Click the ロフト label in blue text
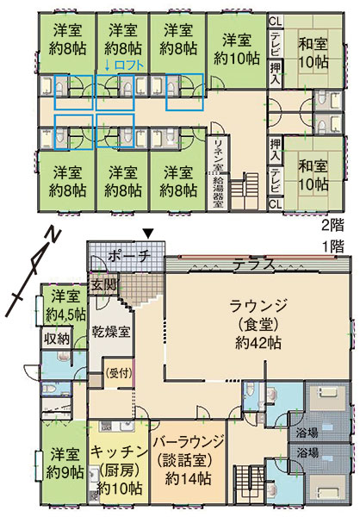point(129,65)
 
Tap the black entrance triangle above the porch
point(149,234)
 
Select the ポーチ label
point(129,256)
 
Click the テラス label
point(254,264)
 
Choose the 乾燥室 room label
point(111,332)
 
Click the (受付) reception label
point(119,373)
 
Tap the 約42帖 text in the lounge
point(258,343)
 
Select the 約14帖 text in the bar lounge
point(188,479)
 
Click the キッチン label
point(119,452)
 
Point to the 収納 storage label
point(57,339)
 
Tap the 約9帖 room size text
point(65,473)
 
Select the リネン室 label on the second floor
point(219,155)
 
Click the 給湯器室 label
point(218,192)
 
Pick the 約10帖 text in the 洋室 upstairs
point(237,59)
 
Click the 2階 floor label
point(332,226)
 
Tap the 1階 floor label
point(332,246)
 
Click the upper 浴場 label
point(307,433)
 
